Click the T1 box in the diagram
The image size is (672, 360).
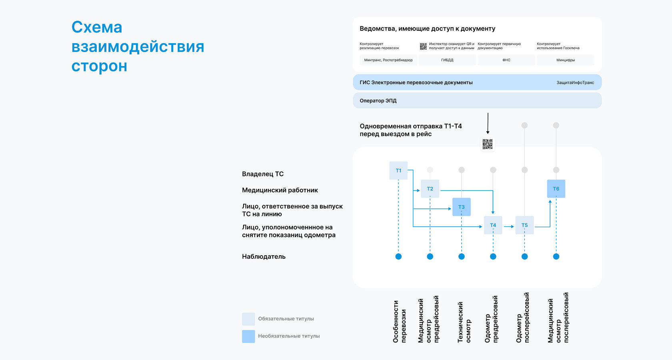[x=398, y=170]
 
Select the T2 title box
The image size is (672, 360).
[x=430, y=189]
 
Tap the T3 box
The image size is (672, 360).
[x=461, y=207]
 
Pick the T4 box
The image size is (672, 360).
[x=493, y=225]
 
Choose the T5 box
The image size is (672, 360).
[x=524, y=225]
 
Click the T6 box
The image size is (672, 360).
[x=556, y=189]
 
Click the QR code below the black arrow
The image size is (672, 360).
[x=487, y=144]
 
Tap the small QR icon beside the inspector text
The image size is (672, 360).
[x=423, y=46]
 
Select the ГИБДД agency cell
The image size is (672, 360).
[x=447, y=60]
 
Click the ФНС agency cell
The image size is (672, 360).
[x=506, y=60]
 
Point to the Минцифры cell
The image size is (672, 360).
[x=566, y=60]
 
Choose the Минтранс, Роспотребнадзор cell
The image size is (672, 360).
[x=388, y=60]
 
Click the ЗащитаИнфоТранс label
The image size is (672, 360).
[x=575, y=83]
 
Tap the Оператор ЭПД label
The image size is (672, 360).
[x=378, y=101]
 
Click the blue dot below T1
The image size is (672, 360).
[x=398, y=256]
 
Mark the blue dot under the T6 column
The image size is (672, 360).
[x=556, y=256]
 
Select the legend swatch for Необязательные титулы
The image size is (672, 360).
[x=248, y=336]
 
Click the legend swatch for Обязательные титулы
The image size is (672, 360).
[x=248, y=319]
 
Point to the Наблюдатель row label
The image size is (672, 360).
[x=264, y=257]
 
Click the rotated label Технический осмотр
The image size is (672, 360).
[x=464, y=322]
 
